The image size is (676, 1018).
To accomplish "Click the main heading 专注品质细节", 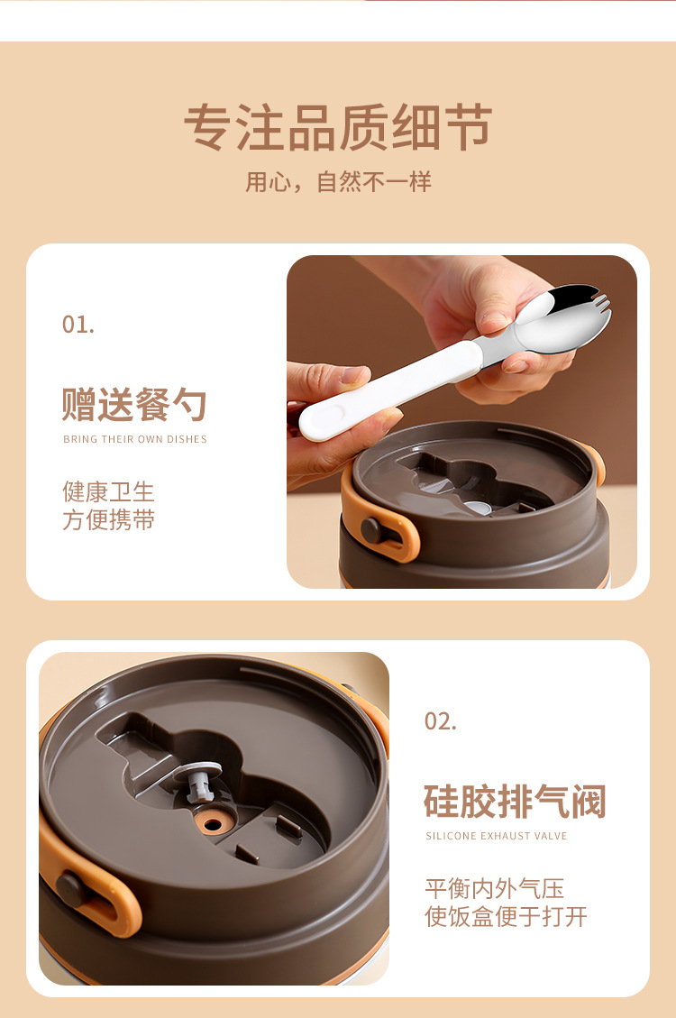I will tap(338, 127).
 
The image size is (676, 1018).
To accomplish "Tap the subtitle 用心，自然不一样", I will tap(338, 182).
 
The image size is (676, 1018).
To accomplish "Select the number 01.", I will tap(78, 325).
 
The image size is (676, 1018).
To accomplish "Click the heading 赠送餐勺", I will tap(134, 405).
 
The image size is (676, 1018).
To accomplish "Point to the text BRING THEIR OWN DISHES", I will tap(135, 440).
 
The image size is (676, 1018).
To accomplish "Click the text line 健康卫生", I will tap(108, 491).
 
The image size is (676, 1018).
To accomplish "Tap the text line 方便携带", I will tap(108, 520).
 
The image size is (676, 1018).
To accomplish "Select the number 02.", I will tap(441, 721).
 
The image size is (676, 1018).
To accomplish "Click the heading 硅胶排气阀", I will tap(515, 802).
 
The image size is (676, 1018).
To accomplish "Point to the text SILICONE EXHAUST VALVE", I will tap(497, 837).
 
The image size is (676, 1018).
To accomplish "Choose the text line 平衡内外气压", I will tap(495, 888).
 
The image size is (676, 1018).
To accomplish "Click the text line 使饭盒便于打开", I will tap(506, 917).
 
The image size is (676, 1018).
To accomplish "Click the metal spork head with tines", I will tap(562, 320).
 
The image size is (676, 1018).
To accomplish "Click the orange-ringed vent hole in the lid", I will tap(215, 824).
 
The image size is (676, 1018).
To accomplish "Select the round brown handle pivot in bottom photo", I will tap(71, 889).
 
